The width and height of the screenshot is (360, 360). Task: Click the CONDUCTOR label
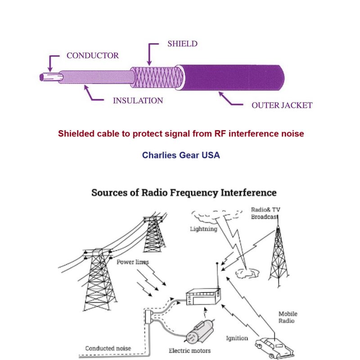tap(93, 56)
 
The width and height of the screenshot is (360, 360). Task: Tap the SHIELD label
tap(182, 44)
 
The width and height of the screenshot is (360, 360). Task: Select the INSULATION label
tap(138, 100)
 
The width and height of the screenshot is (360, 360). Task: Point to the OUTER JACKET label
tap(282, 105)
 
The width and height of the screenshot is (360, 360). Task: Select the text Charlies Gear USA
tap(181, 155)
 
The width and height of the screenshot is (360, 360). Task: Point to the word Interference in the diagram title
tap(249, 193)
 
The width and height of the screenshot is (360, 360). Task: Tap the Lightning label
tap(203, 229)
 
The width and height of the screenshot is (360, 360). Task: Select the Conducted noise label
tap(108, 348)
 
